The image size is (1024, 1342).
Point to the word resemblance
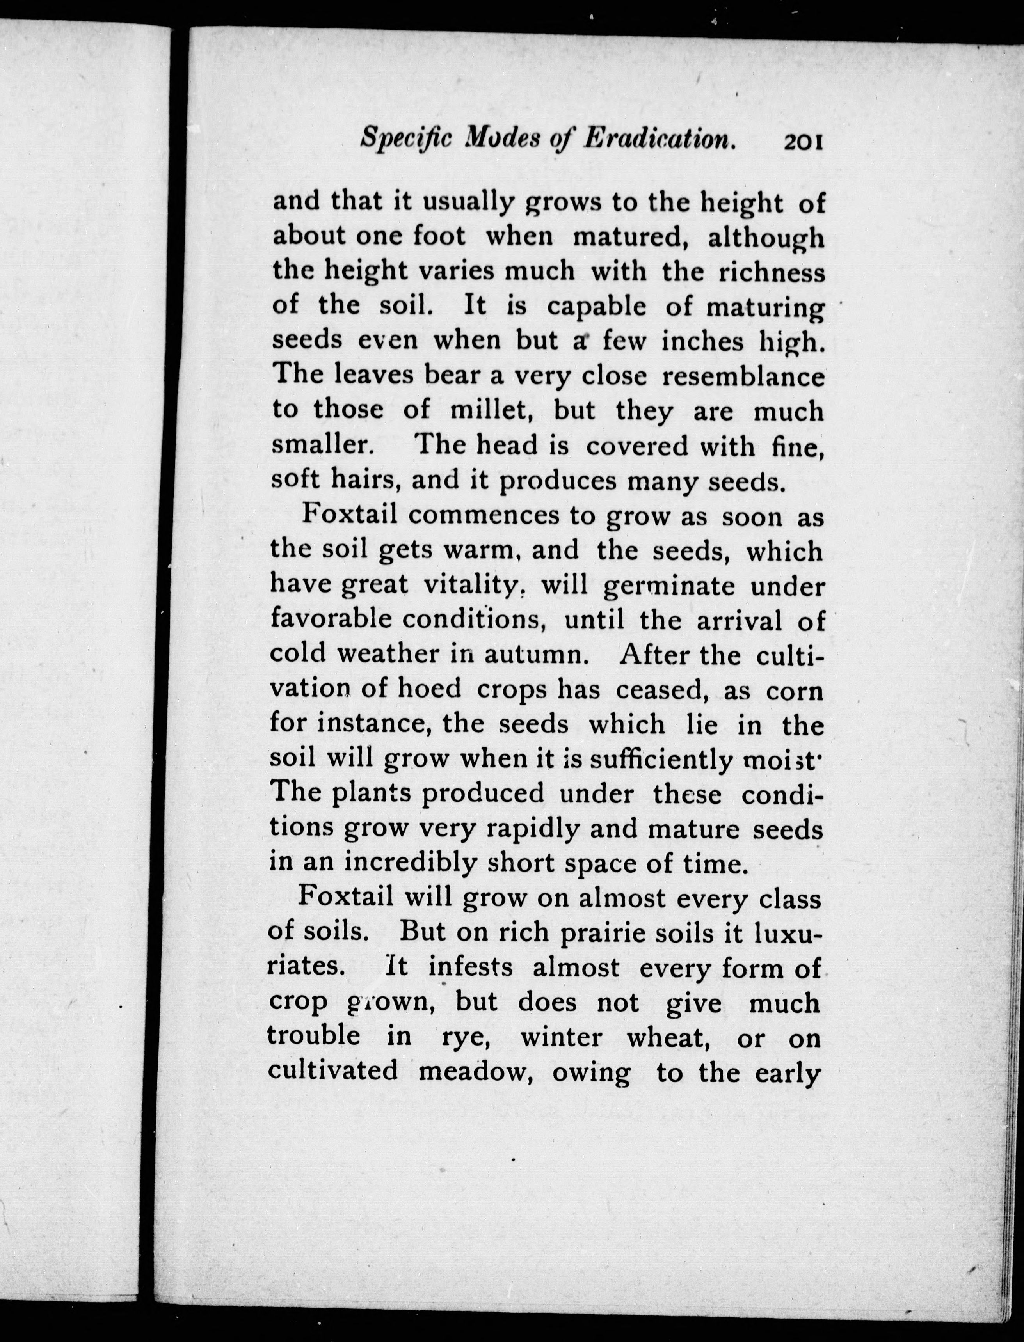point(743,377)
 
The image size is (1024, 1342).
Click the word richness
point(771,271)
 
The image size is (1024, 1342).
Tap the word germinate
point(668,586)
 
